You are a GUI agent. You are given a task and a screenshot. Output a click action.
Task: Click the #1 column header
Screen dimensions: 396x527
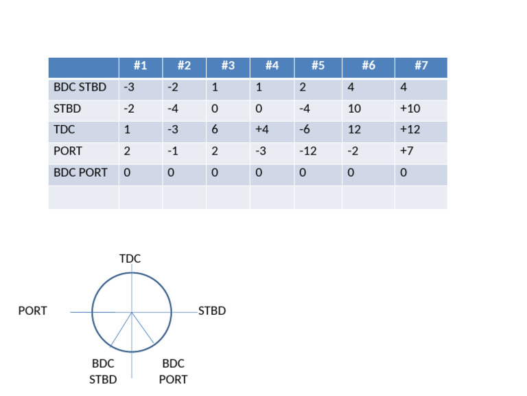(x=140, y=66)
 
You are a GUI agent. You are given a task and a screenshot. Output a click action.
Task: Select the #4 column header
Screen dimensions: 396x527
(x=272, y=66)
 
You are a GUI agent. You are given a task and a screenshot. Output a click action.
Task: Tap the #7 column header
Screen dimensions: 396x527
(x=421, y=66)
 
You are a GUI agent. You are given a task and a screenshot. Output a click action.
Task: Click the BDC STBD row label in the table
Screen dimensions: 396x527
(x=80, y=87)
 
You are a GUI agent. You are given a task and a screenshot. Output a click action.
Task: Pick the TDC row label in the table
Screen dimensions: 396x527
(x=65, y=130)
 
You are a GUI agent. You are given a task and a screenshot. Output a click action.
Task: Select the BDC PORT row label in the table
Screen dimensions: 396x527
(x=80, y=173)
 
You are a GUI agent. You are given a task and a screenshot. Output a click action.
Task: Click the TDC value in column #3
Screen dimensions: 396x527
(x=215, y=130)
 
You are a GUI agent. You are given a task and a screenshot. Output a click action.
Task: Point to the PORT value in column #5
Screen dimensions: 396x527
(x=307, y=151)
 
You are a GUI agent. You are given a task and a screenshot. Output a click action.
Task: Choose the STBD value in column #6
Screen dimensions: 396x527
(x=354, y=109)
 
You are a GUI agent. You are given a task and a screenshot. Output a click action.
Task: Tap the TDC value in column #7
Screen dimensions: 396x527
(x=410, y=130)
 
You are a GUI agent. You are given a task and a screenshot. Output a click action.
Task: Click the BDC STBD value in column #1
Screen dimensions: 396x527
(x=128, y=87)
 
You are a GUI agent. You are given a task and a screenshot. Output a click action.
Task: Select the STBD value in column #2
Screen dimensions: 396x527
(x=172, y=109)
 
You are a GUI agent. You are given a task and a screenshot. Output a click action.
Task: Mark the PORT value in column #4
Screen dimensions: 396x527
(x=259, y=151)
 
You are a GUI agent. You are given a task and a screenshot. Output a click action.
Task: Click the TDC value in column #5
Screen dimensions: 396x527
(x=305, y=130)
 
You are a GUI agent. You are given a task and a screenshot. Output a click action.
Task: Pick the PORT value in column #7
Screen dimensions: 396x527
(x=407, y=151)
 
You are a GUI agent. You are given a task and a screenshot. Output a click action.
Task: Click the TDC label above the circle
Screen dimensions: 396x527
(x=130, y=258)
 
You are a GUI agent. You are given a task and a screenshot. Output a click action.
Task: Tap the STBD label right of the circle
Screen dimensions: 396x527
(x=212, y=311)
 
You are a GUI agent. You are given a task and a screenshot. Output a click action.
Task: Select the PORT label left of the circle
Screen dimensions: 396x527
(x=32, y=311)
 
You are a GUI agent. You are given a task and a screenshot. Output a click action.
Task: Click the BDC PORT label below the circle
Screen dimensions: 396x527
(x=173, y=371)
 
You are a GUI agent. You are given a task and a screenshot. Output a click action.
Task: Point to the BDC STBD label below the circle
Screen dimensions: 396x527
(x=103, y=371)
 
